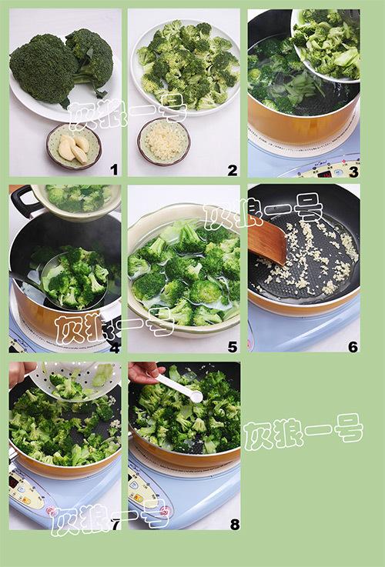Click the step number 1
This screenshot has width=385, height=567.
coord(114,169)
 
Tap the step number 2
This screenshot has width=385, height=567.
coord(233,170)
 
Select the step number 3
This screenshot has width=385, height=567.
coord(353,172)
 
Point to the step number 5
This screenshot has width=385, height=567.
coord(233,347)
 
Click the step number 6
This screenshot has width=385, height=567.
coord(353,347)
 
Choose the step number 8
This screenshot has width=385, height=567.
coord(235,524)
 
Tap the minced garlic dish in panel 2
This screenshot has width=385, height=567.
coord(164,142)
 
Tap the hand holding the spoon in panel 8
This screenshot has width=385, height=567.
coord(145,372)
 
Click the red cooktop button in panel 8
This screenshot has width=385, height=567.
coord(166,512)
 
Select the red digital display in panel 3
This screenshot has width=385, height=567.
coord(323,174)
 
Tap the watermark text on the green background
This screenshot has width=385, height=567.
coord(303,432)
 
